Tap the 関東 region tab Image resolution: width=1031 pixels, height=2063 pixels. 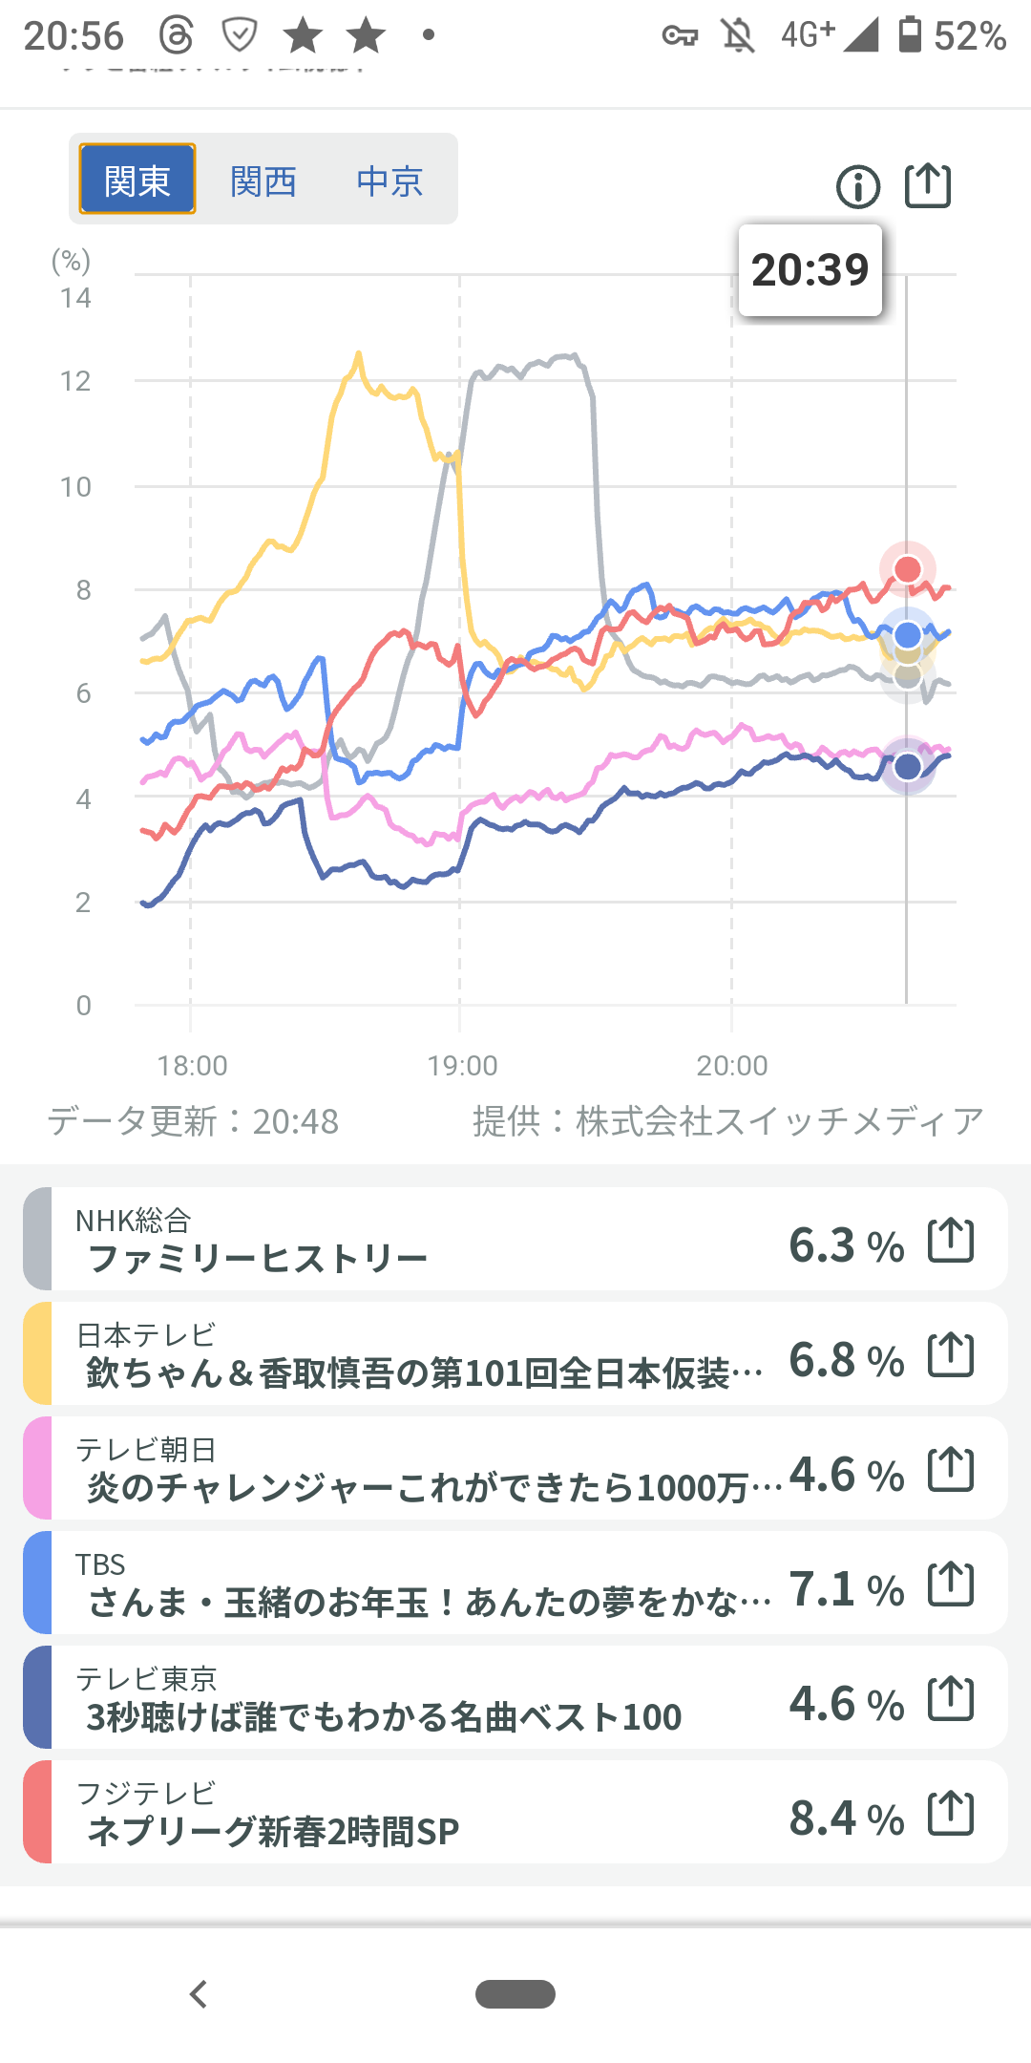[137, 180]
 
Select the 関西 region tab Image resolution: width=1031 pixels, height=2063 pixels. [263, 181]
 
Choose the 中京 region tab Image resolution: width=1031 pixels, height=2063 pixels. [389, 181]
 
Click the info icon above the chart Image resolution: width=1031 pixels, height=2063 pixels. [857, 186]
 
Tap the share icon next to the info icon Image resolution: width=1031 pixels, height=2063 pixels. [928, 185]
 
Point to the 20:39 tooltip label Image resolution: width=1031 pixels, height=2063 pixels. [810, 270]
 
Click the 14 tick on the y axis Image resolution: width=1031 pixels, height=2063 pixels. [75, 298]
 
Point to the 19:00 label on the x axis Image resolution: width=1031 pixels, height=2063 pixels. [462, 1065]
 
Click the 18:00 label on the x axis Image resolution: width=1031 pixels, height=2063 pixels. [192, 1065]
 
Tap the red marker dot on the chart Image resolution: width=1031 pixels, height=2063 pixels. [907, 569]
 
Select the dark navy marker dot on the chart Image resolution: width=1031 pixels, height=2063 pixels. [907, 766]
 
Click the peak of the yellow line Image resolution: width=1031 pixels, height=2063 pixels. [359, 354]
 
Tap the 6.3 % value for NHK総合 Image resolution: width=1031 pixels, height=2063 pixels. [846, 1245]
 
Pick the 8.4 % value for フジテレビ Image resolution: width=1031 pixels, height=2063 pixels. [846, 1818]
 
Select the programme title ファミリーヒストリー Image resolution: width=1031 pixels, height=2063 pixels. [258, 1259]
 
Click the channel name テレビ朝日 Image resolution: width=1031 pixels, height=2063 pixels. [146, 1450]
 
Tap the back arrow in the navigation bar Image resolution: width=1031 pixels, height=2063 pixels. [199, 1994]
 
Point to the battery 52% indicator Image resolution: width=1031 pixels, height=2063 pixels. [952, 36]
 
